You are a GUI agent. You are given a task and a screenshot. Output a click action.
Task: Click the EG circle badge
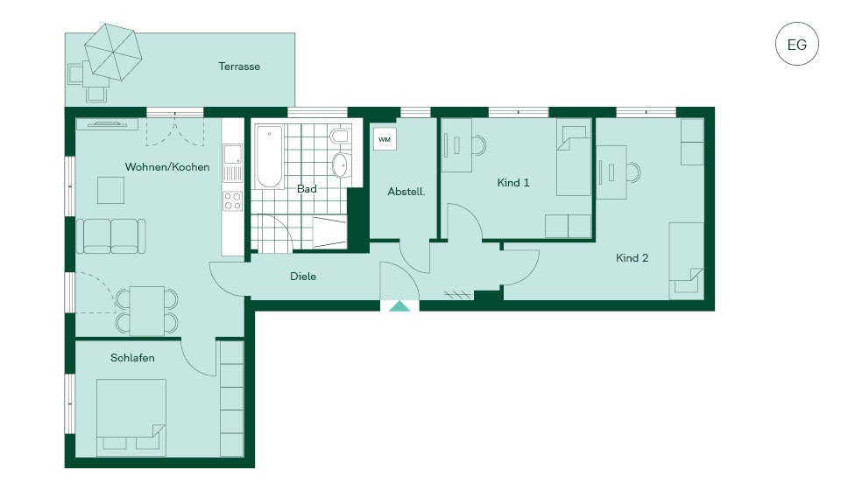click(797, 44)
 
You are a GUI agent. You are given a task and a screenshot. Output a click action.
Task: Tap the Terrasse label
click(239, 67)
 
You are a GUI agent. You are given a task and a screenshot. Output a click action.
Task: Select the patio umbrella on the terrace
click(113, 52)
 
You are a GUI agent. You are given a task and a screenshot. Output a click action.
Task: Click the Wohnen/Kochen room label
click(167, 166)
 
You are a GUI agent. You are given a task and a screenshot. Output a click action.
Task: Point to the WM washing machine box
click(385, 139)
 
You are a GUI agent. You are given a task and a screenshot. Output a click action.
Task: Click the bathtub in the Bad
click(269, 157)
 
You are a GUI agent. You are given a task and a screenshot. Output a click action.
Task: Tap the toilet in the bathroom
click(341, 136)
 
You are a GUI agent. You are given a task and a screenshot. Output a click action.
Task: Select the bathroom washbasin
click(341, 165)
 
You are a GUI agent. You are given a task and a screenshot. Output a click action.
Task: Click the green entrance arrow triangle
click(399, 306)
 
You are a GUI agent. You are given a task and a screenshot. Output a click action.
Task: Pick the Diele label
click(303, 277)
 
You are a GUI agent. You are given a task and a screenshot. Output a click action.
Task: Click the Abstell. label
click(406, 192)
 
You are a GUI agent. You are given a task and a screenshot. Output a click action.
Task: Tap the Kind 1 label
click(513, 183)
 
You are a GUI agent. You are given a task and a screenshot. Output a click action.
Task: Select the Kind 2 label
click(633, 258)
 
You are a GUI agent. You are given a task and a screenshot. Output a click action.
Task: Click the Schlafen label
click(132, 358)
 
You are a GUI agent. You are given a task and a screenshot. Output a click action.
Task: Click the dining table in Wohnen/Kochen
click(147, 311)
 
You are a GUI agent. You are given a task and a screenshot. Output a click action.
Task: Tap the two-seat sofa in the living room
click(111, 235)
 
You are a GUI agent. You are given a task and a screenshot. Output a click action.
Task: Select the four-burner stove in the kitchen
click(233, 201)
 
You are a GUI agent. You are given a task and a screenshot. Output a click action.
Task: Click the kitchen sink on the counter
click(233, 154)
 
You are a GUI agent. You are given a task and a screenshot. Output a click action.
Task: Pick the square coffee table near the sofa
click(111, 190)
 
